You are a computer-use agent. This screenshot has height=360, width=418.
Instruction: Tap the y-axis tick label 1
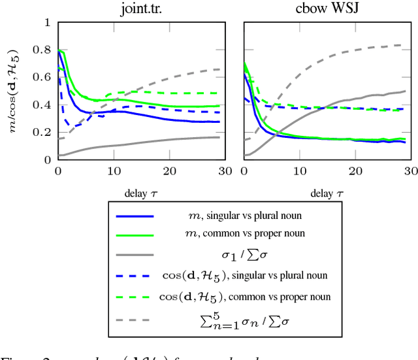coord(46,22)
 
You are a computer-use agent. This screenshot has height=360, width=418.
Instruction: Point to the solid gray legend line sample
coord(134,255)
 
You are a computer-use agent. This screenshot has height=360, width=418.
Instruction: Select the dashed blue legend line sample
coord(134,275)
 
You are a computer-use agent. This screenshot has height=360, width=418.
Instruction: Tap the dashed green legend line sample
coord(134,296)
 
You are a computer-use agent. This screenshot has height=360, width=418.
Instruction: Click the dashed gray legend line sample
coord(134,320)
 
